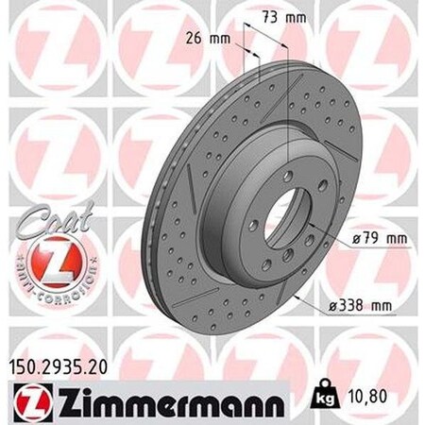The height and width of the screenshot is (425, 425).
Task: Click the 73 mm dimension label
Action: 282,18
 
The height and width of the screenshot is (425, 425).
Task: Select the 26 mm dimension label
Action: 206,39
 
